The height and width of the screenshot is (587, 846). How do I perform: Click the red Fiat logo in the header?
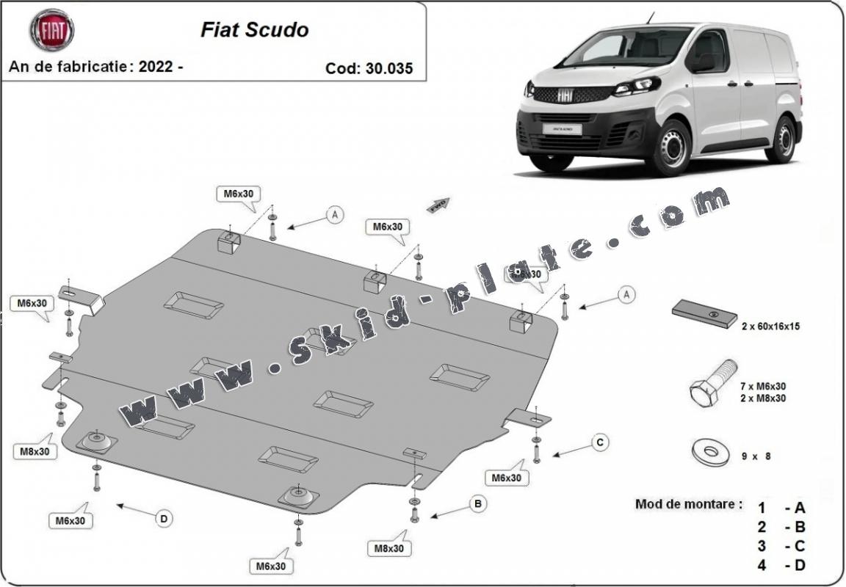(x=51, y=30)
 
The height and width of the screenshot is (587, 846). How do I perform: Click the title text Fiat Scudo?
(x=255, y=30)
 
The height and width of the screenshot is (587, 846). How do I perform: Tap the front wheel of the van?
(x=670, y=147)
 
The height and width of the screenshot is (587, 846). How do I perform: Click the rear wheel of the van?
(x=782, y=139)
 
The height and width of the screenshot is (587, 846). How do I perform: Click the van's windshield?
(x=629, y=48)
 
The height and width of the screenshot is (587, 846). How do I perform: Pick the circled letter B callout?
(x=477, y=504)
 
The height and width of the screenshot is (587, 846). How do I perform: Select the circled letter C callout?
(x=600, y=442)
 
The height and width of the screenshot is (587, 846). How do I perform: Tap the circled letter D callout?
(x=164, y=519)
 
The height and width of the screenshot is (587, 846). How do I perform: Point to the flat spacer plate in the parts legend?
(x=704, y=314)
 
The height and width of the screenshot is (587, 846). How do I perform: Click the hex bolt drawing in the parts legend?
(x=712, y=382)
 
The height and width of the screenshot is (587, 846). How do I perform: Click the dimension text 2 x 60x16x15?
(x=770, y=327)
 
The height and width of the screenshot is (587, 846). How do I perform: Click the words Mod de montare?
(x=688, y=505)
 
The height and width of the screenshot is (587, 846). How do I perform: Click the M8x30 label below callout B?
(x=388, y=547)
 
